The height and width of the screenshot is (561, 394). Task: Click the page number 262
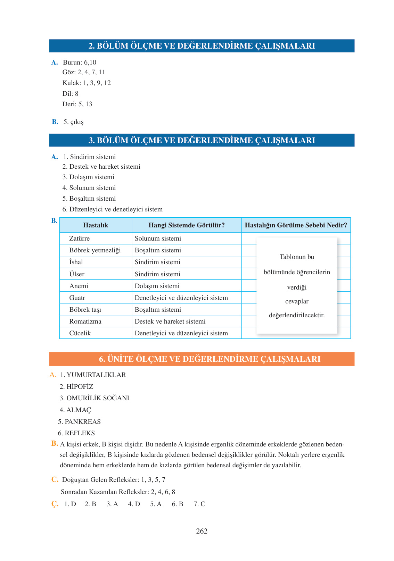point(202,531)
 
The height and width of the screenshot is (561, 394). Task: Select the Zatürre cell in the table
point(80,238)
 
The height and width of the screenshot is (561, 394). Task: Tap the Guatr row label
point(77,298)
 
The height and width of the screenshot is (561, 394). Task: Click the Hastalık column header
point(96,225)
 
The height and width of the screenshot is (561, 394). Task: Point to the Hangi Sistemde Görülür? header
point(187,225)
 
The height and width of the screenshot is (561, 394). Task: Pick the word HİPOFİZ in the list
point(80,387)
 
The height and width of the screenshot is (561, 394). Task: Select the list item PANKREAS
point(83,422)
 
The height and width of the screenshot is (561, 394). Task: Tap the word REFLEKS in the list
point(80,433)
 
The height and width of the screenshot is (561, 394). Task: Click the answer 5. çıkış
point(73,122)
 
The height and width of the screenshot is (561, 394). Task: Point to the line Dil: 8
point(71,94)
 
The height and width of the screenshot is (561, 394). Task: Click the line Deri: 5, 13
point(77,104)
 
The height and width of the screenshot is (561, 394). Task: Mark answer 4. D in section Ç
point(134,504)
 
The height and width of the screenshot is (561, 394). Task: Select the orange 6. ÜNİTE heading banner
point(202,359)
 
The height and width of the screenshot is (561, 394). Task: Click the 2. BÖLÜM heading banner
point(202,46)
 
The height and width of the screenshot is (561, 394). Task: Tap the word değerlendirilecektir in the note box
point(297,316)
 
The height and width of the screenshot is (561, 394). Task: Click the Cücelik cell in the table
point(80,333)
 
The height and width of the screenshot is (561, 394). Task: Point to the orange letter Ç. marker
point(55,504)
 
